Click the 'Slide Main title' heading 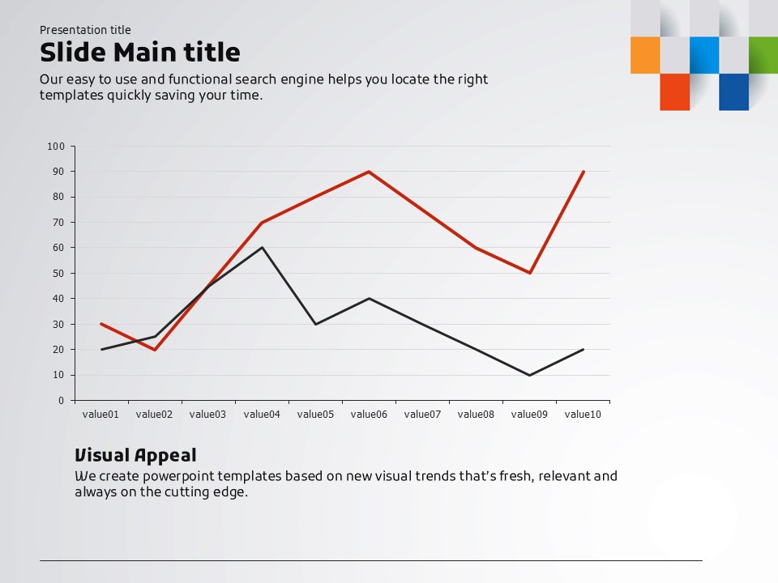click(140, 53)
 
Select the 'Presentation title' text click(85, 30)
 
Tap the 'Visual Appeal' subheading click(135, 455)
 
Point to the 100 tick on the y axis click(55, 147)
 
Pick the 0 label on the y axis click(60, 401)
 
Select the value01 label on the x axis click(100, 415)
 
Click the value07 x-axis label click(422, 415)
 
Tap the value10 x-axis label click(583, 415)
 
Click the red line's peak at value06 click(369, 172)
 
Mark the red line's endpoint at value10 click(583, 172)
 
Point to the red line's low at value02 click(155, 350)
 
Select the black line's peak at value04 click(262, 248)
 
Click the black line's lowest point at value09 click(529, 375)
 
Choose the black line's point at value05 click(315, 324)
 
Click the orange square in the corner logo click(645, 55)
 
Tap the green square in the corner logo click(763, 55)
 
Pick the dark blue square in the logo click(733, 91)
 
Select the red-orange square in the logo click(674, 91)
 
